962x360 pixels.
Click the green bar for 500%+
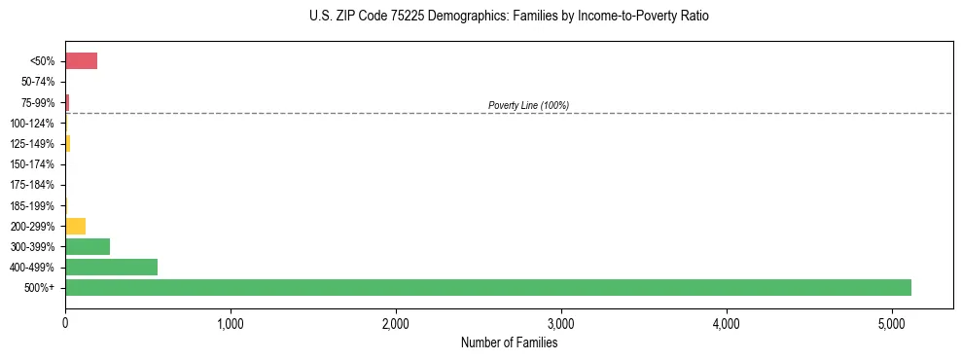(x=487, y=287)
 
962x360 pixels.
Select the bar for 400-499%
(x=111, y=267)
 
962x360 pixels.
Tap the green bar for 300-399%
(x=88, y=246)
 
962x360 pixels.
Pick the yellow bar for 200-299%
(x=75, y=226)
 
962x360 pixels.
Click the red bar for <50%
(x=81, y=61)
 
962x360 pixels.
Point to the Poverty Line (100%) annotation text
(x=528, y=105)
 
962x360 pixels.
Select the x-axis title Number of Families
(x=509, y=342)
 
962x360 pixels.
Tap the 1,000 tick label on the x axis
(x=231, y=322)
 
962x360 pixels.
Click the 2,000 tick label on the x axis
(x=396, y=322)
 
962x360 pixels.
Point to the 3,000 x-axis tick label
(x=561, y=322)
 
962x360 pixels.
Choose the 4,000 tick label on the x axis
(x=727, y=322)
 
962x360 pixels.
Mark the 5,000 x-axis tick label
(x=892, y=322)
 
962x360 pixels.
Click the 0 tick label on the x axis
(x=65, y=322)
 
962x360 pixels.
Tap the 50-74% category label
(x=39, y=83)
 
